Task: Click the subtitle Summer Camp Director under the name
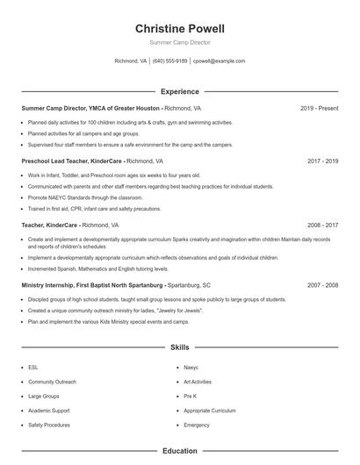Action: click(179, 42)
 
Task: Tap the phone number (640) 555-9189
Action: click(170, 61)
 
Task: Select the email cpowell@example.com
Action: click(220, 61)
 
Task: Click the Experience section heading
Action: click(179, 91)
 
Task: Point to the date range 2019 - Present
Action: click(320, 109)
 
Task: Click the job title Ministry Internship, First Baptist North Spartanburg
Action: click(92, 285)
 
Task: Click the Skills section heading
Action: click(179, 348)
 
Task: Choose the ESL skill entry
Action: click(33, 368)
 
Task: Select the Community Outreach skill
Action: click(52, 382)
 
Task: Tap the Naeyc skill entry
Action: click(191, 368)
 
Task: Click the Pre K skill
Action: click(190, 397)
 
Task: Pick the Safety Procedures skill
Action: click(49, 425)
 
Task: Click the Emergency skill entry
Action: click(197, 425)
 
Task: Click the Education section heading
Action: click(179, 451)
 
